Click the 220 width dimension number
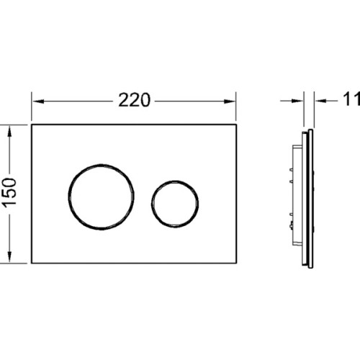(134, 100)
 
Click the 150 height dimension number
(10, 192)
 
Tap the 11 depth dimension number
(352, 99)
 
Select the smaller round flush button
(152, 204)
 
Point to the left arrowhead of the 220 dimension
(38, 102)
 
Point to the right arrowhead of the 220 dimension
(230, 102)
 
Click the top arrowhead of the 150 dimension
(9, 131)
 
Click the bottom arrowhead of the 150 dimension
(9, 256)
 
